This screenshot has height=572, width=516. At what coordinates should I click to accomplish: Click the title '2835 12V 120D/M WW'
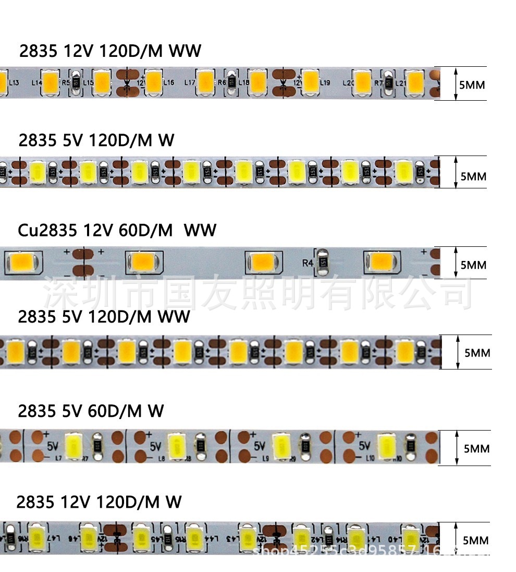pos(110,51)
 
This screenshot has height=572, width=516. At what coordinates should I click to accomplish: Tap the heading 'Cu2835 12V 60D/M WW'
pos(117,230)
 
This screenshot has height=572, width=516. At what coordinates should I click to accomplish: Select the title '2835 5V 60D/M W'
pos(91,411)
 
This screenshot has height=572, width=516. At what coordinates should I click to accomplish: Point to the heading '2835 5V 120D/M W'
pos(96,140)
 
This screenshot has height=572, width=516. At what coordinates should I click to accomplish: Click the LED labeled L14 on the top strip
pos(51,83)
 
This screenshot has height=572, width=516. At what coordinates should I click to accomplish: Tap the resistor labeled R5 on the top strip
pos(76,83)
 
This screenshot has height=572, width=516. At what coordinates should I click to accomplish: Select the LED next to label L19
pos(311,82)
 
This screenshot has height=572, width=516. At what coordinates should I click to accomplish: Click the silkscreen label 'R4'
pos(308,263)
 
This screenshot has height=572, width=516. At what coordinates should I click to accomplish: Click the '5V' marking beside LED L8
pos(155,447)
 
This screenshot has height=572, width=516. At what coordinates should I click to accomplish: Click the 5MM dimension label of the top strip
pos(471,84)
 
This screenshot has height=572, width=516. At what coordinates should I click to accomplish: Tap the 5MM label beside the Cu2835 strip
pos(473,265)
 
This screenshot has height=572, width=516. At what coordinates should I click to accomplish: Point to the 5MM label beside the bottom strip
pos(475,540)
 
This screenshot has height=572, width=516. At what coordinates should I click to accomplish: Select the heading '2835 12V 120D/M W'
pos(99,502)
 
